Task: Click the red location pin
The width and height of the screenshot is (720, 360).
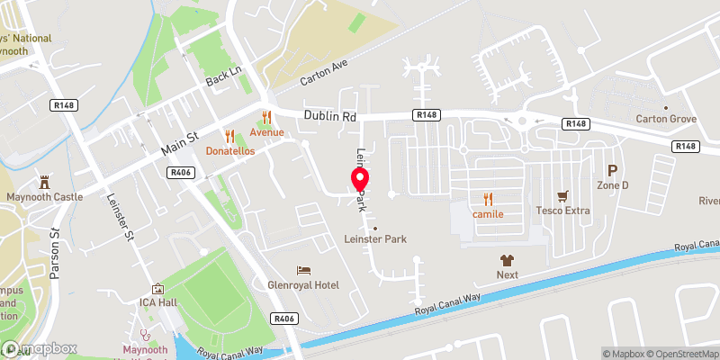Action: click(358, 179)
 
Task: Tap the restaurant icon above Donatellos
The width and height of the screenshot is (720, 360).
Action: click(229, 136)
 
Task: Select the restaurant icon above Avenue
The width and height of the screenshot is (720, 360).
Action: click(266, 116)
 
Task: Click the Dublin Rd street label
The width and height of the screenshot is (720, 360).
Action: click(330, 116)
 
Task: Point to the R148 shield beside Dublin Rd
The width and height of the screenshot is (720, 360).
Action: click(427, 115)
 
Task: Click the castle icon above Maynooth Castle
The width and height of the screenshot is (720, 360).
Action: click(44, 181)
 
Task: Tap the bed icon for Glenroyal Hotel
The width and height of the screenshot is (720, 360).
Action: click(304, 270)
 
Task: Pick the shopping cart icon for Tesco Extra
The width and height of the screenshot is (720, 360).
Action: click(563, 195)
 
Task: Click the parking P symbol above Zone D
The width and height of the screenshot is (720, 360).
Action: click(613, 169)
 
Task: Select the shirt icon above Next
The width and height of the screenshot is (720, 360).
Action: click(508, 258)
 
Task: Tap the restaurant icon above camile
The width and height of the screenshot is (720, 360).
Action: click(488, 199)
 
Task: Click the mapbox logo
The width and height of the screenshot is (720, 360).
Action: click(40, 349)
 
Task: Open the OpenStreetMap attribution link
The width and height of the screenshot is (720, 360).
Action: click(679, 354)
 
